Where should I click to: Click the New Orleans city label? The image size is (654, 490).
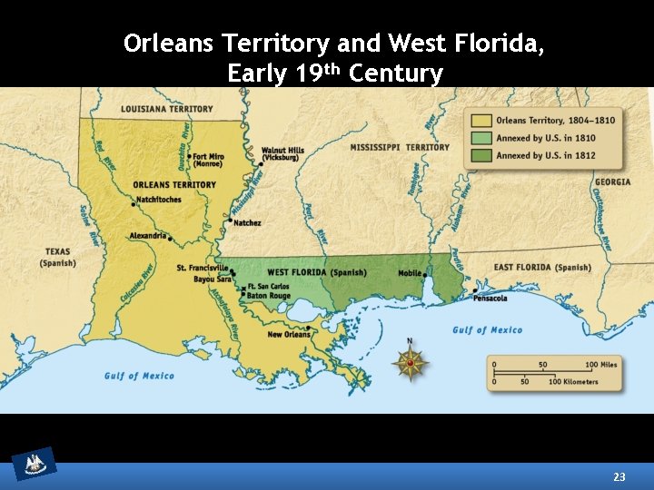tap(289, 335)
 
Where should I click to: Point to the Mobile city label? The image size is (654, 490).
tap(411, 273)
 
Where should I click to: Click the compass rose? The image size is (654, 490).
tap(410, 363)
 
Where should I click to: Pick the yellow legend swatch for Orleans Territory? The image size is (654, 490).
tap(481, 120)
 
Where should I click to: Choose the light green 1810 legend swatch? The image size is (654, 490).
tap(481, 138)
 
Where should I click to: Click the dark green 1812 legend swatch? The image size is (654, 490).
tap(481, 155)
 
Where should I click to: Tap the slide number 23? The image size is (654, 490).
tap(619, 476)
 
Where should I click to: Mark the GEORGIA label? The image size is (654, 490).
tap(613, 182)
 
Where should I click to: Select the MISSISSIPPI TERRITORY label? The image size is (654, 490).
tap(400, 147)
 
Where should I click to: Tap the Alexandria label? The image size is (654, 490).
tap(148, 235)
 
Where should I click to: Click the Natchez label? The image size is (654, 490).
tap(247, 222)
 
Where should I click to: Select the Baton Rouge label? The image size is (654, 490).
tap(269, 296)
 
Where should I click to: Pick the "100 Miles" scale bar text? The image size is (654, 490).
tap(601, 365)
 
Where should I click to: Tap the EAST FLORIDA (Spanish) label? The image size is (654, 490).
tap(541, 268)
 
